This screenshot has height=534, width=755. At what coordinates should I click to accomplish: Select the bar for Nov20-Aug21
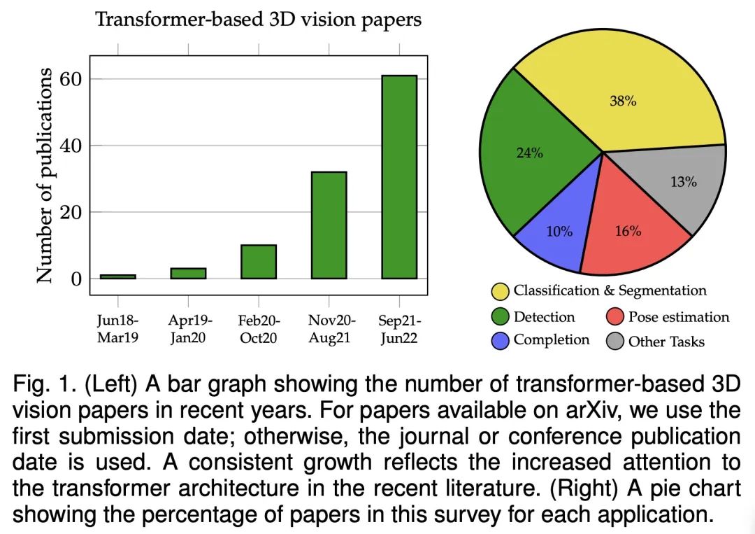pos(329,225)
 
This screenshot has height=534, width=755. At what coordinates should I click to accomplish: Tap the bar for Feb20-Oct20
pos(259,261)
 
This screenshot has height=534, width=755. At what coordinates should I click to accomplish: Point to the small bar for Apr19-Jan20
pos(188,273)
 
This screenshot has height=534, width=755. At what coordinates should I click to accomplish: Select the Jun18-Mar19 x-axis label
pos(117,329)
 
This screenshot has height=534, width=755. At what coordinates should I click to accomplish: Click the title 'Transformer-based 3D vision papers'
pos(258,19)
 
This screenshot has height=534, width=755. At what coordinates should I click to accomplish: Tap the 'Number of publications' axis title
pos(45,175)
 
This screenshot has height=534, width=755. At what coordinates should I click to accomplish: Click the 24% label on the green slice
pos(529,153)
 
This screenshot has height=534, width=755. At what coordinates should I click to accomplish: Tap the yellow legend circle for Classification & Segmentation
pos(500,291)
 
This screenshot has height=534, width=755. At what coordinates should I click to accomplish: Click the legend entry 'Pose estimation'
pos(678,317)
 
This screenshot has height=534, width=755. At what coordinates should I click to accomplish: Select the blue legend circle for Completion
pos(500,342)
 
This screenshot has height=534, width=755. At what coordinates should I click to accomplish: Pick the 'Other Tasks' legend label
pos(666,342)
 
